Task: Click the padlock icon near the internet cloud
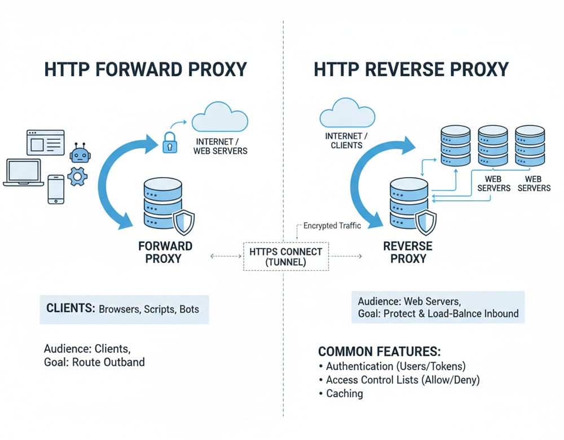click(169, 143)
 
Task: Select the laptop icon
click(23, 173)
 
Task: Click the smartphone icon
click(56, 189)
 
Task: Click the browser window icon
click(46, 142)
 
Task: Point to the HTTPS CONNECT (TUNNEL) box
click(286, 257)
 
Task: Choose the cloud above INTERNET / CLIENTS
click(347, 113)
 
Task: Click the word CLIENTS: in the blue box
click(70, 309)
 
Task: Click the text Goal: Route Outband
click(94, 362)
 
